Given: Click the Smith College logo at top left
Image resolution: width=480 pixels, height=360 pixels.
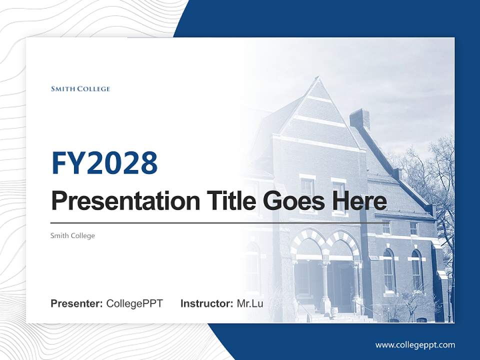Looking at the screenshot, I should (80, 89).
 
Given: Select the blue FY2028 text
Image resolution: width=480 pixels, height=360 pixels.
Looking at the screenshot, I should (104, 163).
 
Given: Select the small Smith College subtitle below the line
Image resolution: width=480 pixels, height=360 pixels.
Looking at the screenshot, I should (72, 235).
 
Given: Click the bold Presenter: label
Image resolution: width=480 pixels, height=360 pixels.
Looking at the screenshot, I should (77, 303).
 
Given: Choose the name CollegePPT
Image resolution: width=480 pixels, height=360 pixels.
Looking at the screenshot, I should (134, 303).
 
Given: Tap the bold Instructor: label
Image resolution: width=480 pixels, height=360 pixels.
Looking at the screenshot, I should (206, 303).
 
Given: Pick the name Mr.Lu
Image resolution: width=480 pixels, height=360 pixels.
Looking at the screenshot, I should (250, 303).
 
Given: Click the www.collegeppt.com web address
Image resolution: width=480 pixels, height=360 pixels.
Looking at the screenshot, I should (415, 344).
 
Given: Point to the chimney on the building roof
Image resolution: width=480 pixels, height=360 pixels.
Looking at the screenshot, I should (359, 119).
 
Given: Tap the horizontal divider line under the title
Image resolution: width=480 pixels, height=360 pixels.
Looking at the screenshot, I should (215, 223).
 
